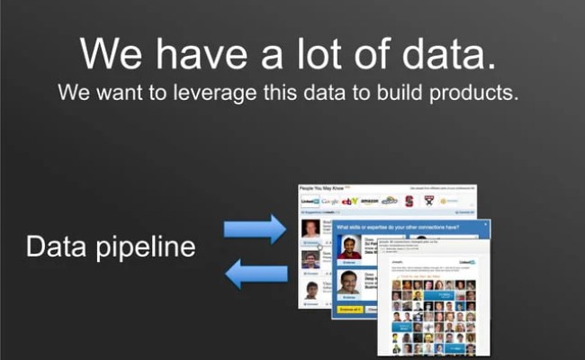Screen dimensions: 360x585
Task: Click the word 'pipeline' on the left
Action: point(146,246)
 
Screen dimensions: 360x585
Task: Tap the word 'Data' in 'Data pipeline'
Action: point(58,246)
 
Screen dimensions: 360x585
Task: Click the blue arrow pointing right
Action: point(254,229)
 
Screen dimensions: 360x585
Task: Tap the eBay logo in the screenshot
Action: point(351,201)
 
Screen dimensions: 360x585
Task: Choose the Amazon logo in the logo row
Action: point(370,201)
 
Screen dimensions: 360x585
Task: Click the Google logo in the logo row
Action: point(331,201)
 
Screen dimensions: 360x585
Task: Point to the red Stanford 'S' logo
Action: point(409,201)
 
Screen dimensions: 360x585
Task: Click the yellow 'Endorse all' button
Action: point(350,310)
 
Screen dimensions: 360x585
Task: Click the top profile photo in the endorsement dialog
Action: point(350,246)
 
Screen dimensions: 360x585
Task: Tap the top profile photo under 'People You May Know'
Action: point(310,229)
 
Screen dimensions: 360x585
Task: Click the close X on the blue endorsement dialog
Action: point(485,225)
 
